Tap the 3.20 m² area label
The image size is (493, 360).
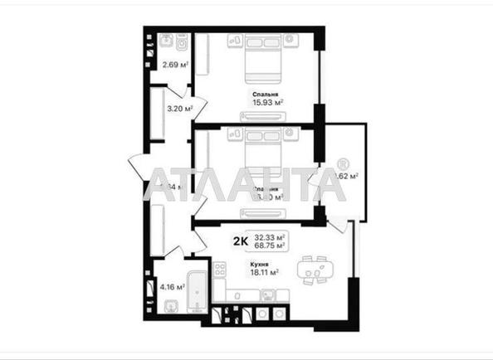[x=180, y=108]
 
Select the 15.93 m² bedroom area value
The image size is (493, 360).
[x=268, y=103]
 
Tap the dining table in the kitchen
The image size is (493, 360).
[x=314, y=267]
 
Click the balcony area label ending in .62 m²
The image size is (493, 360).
[x=349, y=176]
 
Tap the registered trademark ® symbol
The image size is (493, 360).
[x=343, y=164]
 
